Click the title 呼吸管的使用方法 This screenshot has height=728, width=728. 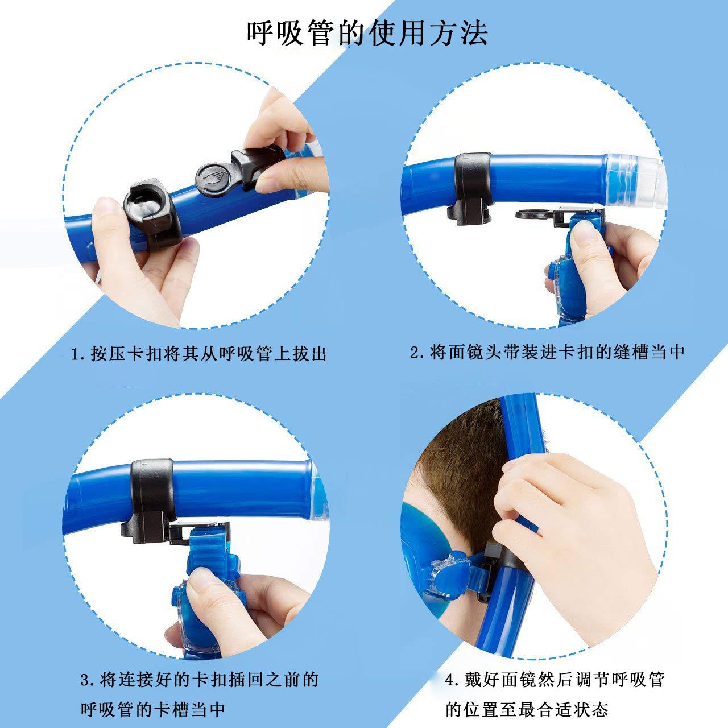pos(367,33)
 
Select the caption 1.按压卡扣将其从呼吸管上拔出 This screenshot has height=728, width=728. pos(198,354)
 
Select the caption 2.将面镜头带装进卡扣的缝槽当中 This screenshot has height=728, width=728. pos(547,352)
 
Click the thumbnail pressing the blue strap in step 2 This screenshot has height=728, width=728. pos(582,230)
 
